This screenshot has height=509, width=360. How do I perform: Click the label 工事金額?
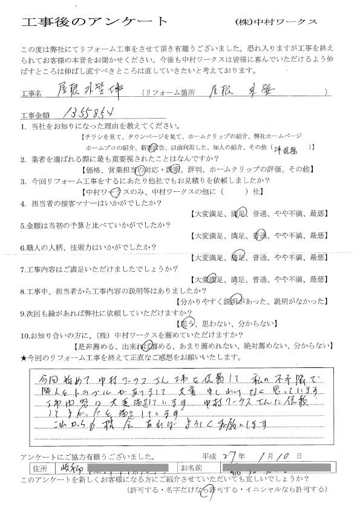[x=37, y=116]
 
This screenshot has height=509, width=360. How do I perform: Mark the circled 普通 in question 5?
[x=260, y=235]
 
